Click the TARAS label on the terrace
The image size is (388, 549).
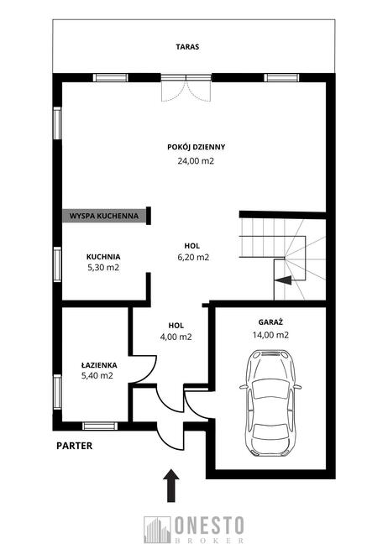[187, 46]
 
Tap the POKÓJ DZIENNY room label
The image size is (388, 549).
[197, 147]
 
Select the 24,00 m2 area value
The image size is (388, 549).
[196, 161]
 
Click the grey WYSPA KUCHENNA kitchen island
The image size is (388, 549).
[104, 216]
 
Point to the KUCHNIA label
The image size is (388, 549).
[103, 257]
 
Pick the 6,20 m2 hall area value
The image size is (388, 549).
[193, 258]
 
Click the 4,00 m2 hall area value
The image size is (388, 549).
[176, 337]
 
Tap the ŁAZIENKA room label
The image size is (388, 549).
[99, 365]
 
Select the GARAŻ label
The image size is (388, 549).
[270, 322]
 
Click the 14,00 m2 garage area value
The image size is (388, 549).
[270, 335]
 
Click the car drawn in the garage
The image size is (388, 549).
[270, 403]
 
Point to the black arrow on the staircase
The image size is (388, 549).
[283, 280]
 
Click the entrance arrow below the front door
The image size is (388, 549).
[170, 485]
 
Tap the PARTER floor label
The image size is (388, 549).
[75, 446]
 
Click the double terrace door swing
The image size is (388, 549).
[186, 91]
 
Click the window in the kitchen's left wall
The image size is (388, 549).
[57, 264]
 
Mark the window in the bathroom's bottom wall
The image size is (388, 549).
[99, 426]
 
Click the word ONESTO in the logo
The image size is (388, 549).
[209, 525]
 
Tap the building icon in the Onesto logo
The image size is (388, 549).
[157, 530]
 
